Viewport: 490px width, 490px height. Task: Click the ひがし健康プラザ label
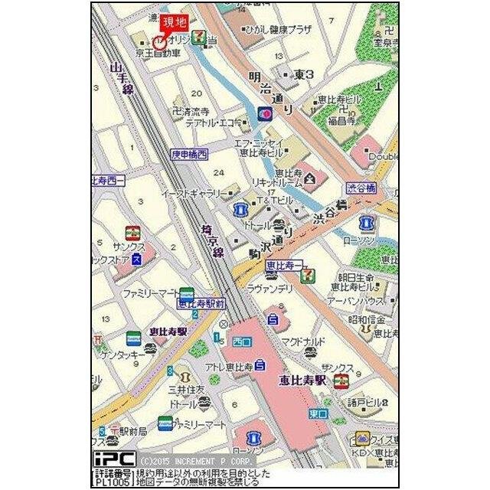tap(278, 29)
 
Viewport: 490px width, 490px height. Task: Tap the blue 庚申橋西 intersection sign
tap(189, 154)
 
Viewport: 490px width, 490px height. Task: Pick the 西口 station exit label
tap(242, 340)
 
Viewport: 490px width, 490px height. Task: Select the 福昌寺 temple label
tap(341, 121)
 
